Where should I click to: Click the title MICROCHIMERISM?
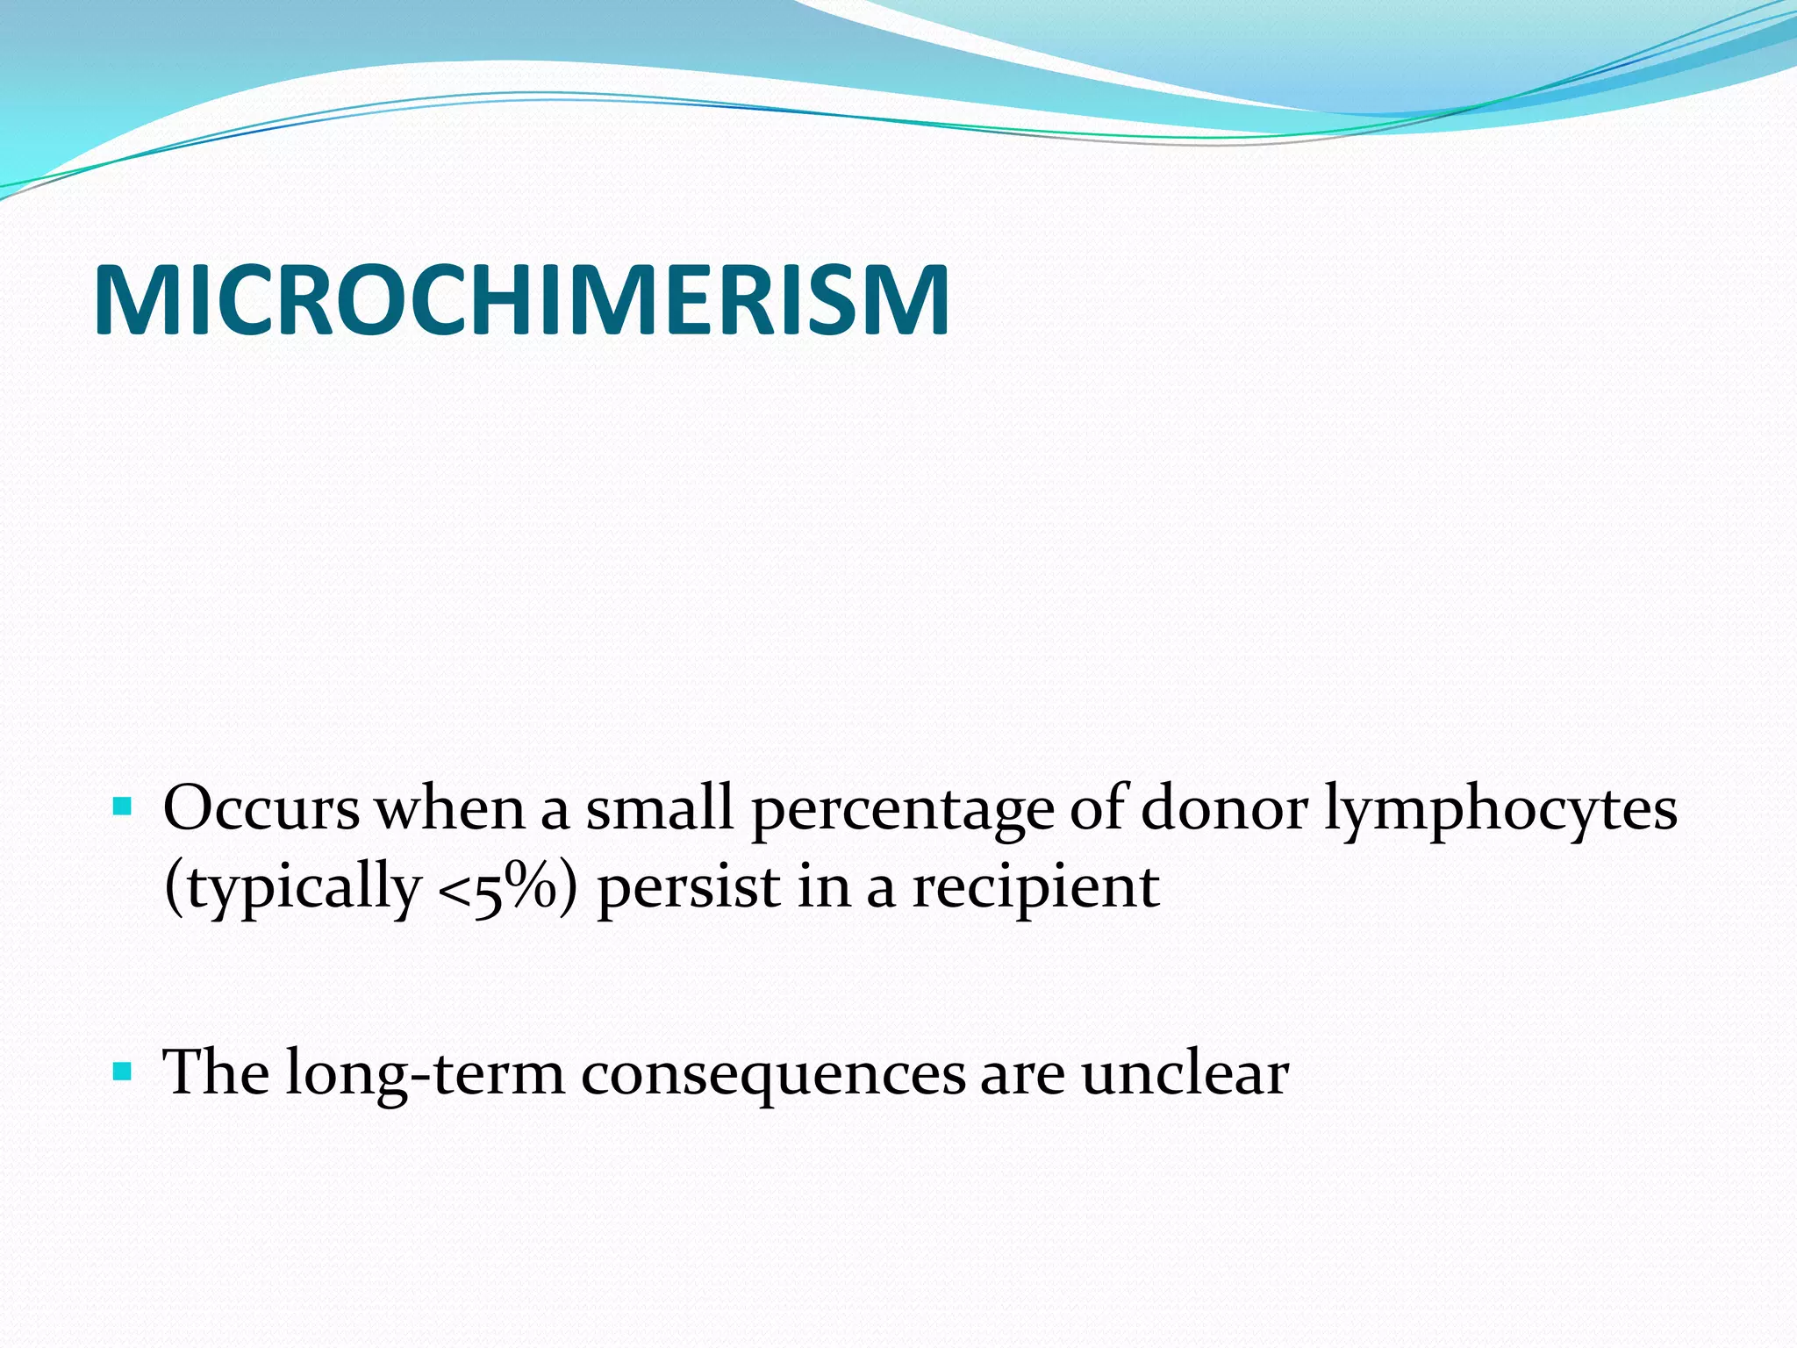coord(521,301)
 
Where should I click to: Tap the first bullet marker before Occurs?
coord(123,805)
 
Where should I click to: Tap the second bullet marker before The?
coord(123,1071)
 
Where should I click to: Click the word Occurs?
coord(261,808)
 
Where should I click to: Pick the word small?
coord(659,808)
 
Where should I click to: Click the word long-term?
coord(425,1074)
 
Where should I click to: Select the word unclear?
coord(1185,1072)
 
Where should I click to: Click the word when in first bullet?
coord(450,808)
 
